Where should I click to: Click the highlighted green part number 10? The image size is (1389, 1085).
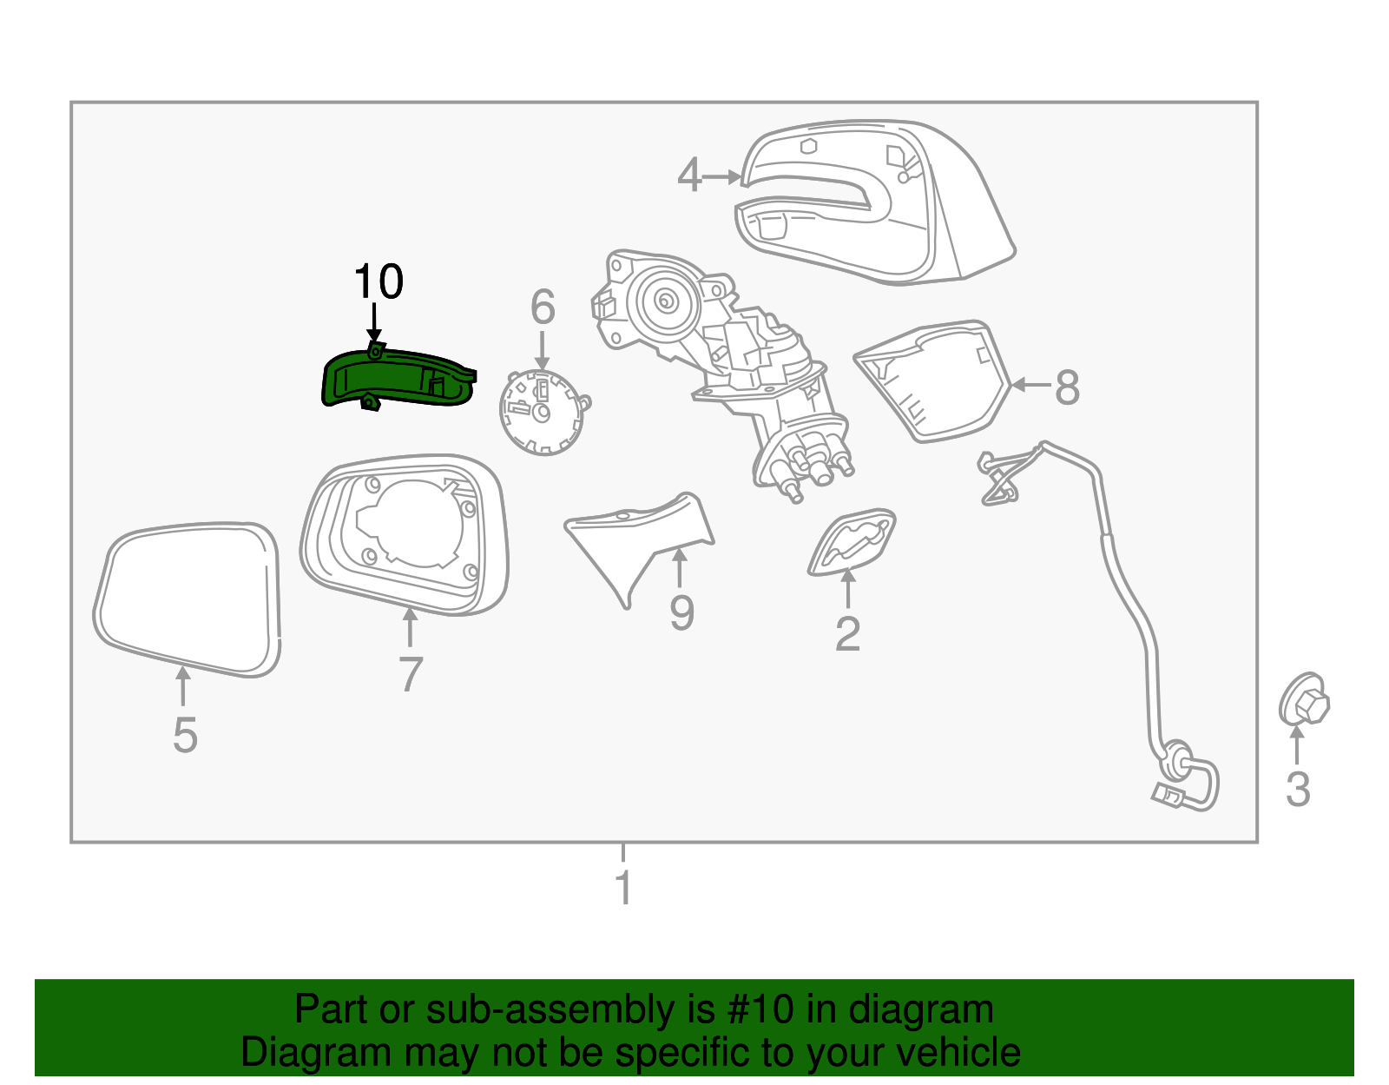pos(395,380)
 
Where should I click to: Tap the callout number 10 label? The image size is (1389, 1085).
pos(378,281)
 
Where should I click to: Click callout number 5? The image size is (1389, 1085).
pos(185,735)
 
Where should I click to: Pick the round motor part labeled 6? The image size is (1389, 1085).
pos(542,412)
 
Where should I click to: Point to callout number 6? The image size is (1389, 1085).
pos(543,307)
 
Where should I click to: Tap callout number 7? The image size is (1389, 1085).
pos(410,673)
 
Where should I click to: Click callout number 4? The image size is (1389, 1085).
pos(688,175)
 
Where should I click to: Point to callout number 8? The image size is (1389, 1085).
pos(1067,387)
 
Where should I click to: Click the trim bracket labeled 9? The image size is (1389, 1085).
pos(638,539)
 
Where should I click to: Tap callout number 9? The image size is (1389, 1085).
pos(681,613)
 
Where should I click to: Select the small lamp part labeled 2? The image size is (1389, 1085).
pos(851,541)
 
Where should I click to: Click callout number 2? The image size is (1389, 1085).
pos(847,633)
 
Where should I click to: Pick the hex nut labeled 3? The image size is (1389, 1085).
pos(1303,699)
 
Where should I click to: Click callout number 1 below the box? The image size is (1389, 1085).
pos(622,888)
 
